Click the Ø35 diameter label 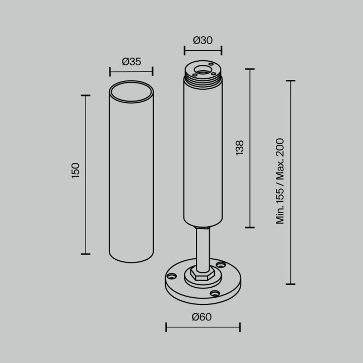132,62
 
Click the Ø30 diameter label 203,40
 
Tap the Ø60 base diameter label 202,317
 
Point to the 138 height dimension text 239,148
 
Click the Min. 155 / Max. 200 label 280,181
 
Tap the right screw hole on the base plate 221,265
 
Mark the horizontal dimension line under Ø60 203,327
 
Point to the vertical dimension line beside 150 86,175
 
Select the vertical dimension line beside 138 250,148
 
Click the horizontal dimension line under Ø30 203,50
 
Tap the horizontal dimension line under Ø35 132,72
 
